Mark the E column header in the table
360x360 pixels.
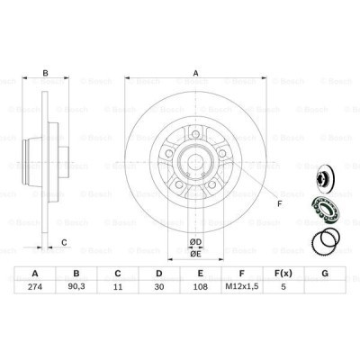click(200, 274)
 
